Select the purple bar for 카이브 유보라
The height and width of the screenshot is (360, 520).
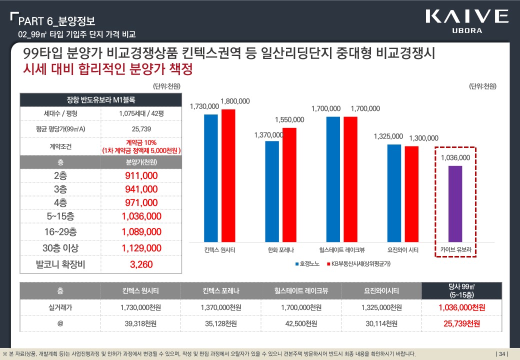tap(455, 203)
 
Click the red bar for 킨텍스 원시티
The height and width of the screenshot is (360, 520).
tap(228, 175)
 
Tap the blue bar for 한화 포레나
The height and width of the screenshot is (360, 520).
tap(272, 191)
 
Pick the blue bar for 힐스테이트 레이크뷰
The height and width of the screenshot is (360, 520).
tap(333, 179)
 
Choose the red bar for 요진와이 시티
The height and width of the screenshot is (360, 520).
tap(411, 194)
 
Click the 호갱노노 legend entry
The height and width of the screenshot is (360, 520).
tap(307, 263)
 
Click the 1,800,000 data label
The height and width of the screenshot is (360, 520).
tap(235, 101)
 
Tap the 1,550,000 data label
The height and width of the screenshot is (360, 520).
tap(289, 119)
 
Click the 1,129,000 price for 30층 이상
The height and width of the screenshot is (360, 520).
tap(141, 248)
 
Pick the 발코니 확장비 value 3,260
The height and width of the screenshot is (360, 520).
tap(141, 264)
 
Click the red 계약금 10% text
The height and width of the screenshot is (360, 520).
tap(141, 143)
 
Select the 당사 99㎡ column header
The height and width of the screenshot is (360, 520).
tap(461, 290)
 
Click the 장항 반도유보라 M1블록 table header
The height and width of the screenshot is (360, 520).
tap(100, 98)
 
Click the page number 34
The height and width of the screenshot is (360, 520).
tap(501, 354)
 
